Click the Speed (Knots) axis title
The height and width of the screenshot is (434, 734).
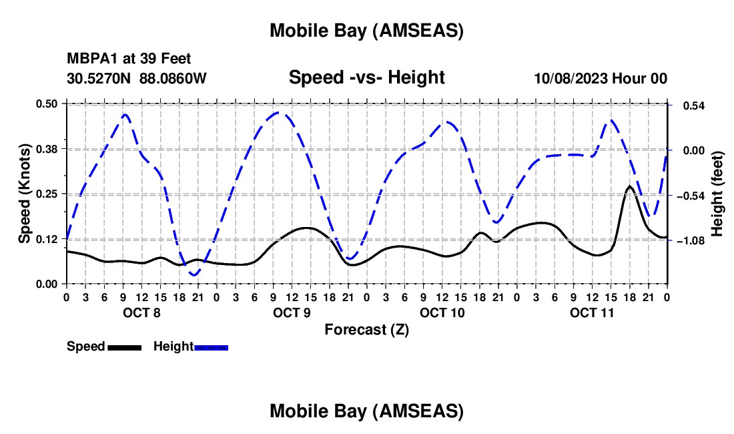click(x=24, y=194)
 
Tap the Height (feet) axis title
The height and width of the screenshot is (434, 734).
click(x=717, y=194)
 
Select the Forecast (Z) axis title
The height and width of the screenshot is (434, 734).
click(x=366, y=329)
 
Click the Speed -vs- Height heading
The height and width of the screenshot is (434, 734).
click(x=366, y=77)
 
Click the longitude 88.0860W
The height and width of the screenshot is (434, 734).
click(x=173, y=78)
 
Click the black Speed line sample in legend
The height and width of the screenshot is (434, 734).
click(x=124, y=347)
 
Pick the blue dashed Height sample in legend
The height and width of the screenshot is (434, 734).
click(x=212, y=347)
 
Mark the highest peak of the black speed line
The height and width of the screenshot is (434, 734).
click(x=629, y=186)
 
